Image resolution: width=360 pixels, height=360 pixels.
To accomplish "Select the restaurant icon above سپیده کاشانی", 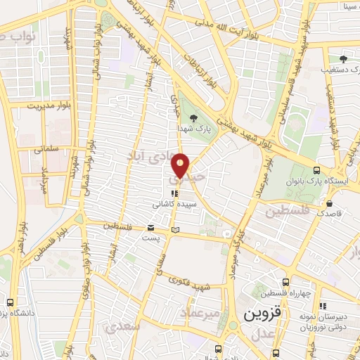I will point(174,191).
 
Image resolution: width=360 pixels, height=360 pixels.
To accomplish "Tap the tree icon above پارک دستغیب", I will point(343,60).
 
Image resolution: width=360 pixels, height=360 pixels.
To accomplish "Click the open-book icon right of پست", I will point(175,229).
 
